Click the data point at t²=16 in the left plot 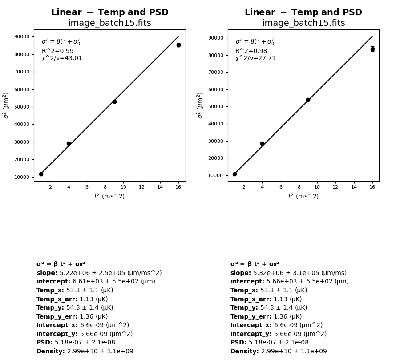pos(178,45)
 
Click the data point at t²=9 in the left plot pos(114,101)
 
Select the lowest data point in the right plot pos(234,174)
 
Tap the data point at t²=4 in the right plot pos(262,143)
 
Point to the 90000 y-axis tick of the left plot pos(22,36)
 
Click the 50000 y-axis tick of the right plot pos(216,107)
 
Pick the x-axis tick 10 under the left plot pos(123,187)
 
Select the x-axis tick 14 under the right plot pos(354,187)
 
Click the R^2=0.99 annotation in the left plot pos(57,51)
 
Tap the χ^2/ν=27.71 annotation pos(255,58)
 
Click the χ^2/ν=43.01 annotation pos(62,58)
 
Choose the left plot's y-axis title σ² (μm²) pos(6,105)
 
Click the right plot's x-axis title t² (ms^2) pos(303,196)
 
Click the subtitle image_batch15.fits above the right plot pos(303,23)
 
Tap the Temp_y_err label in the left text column pos(57,317)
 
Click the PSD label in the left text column pos(44,343)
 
